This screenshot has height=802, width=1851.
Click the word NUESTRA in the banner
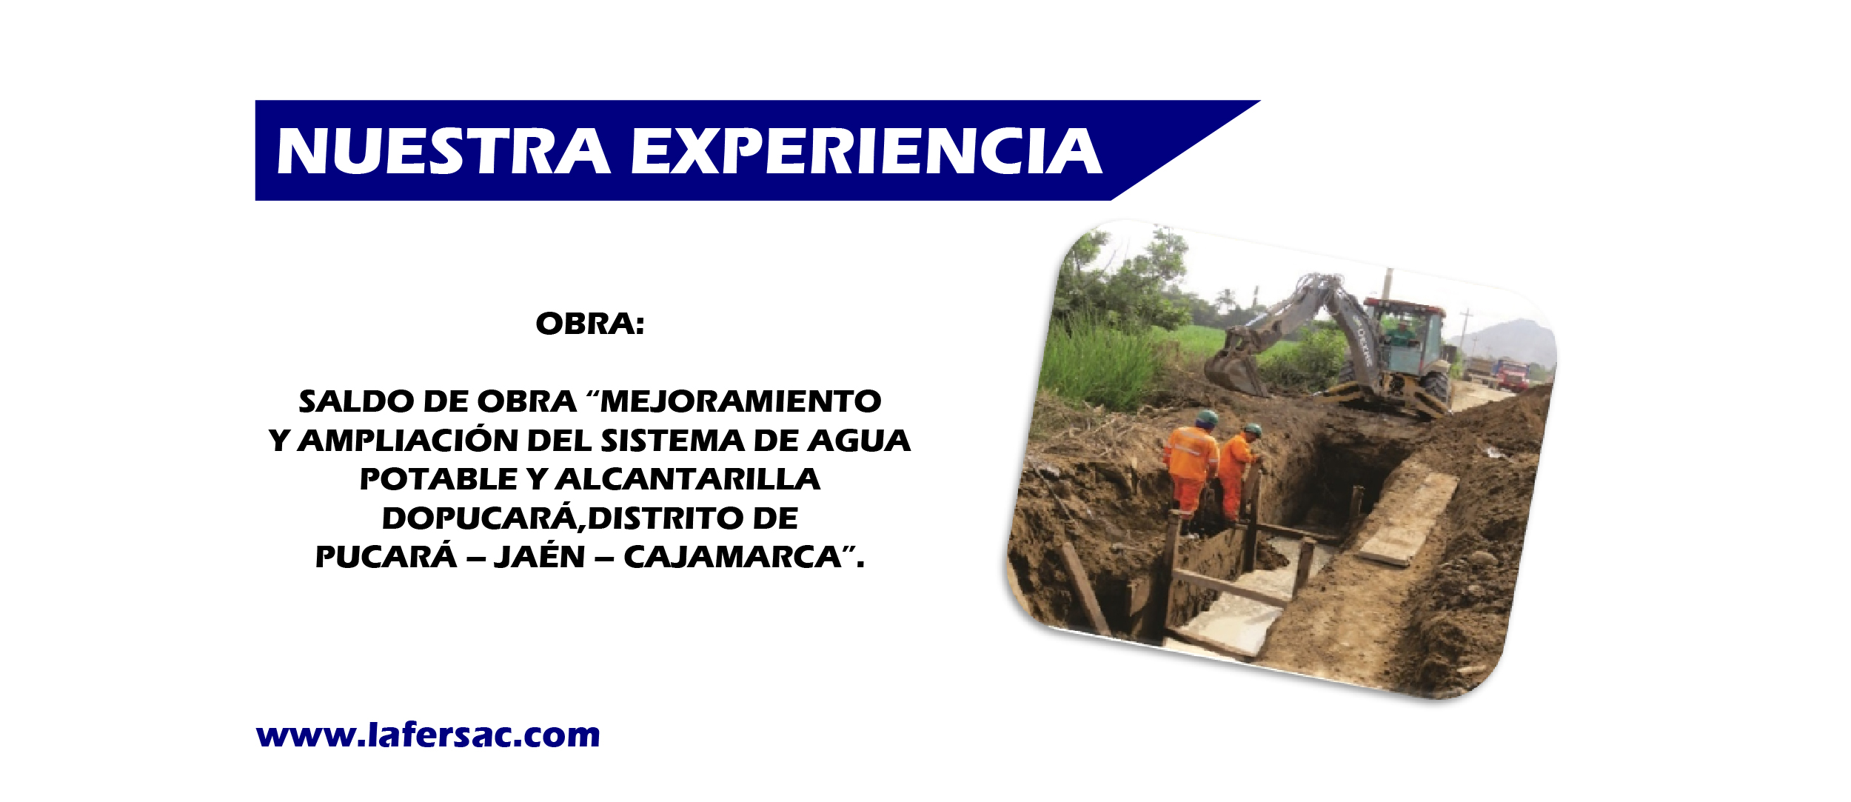click(x=443, y=151)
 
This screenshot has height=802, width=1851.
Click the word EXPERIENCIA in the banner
click(x=866, y=151)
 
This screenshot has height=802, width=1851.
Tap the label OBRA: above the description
click(x=590, y=324)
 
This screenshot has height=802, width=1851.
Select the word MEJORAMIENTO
click(x=741, y=402)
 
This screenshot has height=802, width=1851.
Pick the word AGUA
click(x=859, y=441)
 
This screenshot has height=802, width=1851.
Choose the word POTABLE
click(x=438, y=480)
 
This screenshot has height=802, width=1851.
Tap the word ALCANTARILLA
click(x=688, y=480)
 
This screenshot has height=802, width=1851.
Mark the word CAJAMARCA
click(x=732, y=558)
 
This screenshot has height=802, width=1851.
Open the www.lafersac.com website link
click(x=428, y=735)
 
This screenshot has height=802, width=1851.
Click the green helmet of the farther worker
click(x=1252, y=430)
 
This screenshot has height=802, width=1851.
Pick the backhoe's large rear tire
click(x=1435, y=392)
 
